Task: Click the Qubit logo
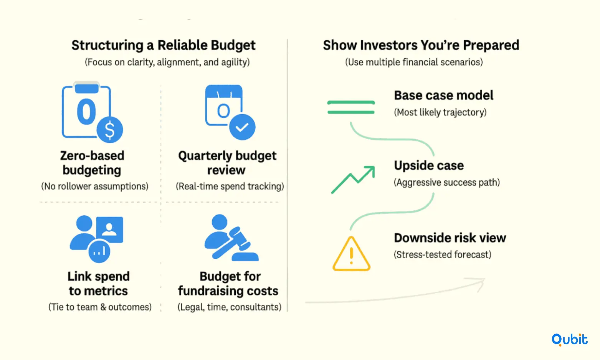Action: (569, 340)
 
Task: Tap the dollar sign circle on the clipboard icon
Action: (110, 130)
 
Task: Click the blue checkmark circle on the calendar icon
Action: (242, 127)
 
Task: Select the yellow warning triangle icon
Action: (351, 254)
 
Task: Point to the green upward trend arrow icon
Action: (353, 180)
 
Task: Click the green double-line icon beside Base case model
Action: (351, 107)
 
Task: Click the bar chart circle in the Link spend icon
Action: (99, 251)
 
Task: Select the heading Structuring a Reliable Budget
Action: (164, 45)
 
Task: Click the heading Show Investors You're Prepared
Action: (421, 45)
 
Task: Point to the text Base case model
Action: (444, 95)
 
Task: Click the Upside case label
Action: (428, 165)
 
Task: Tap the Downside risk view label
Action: (450, 238)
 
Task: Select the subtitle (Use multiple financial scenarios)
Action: (414, 62)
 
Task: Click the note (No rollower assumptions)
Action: (94, 186)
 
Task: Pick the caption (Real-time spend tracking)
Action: (230, 186)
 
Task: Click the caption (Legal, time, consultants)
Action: (230, 307)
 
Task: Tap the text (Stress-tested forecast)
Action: (443, 254)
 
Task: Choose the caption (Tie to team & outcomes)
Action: (100, 307)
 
